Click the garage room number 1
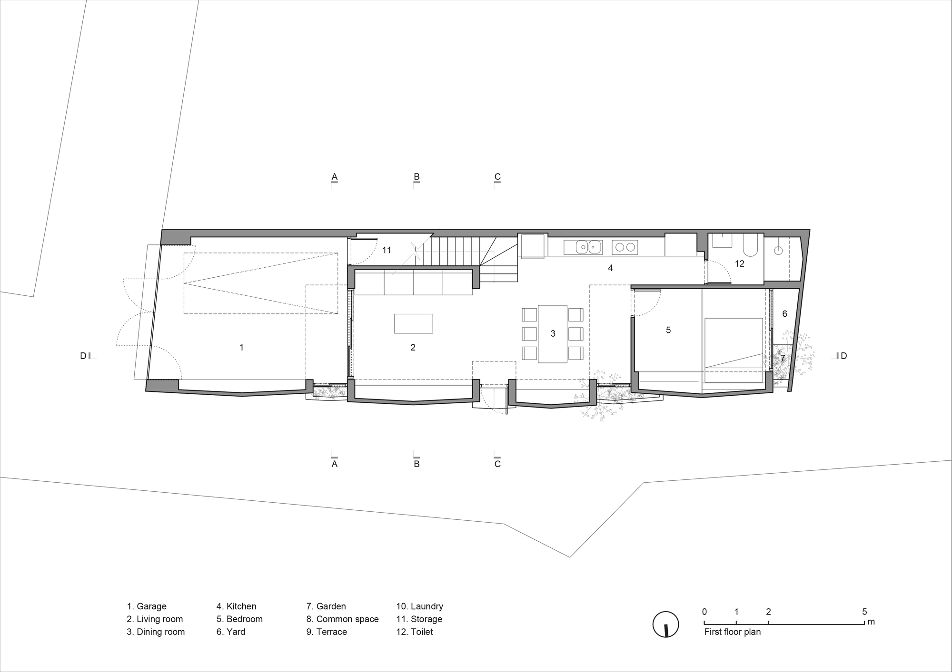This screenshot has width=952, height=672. tap(241, 348)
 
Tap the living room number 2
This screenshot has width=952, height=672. tap(413, 348)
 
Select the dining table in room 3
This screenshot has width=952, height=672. tap(553, 333)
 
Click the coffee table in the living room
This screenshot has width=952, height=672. tap(413, 323)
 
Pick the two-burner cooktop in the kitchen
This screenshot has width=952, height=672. tap(625, 247)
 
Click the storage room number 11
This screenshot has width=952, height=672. tap(387, 250)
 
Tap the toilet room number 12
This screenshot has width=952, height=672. tap(739, 263)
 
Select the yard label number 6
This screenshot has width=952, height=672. tap(784, 314)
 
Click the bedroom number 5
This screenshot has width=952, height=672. tap(668, 330)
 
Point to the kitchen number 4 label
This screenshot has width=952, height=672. tap(610, 268)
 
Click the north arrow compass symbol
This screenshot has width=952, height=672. tap(665, 624)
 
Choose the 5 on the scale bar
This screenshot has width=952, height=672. tap(864, 612)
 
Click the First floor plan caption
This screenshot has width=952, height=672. tap(732, 632)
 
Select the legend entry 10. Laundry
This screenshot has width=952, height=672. tap(419, 606)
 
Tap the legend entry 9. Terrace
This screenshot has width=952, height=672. tap(327, 632)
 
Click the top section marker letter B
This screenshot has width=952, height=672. tap(416, 177)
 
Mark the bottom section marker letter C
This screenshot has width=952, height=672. tap(497, 464)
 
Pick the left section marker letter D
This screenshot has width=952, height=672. tap(83, 356)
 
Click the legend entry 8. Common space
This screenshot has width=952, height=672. tap(342, 619)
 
